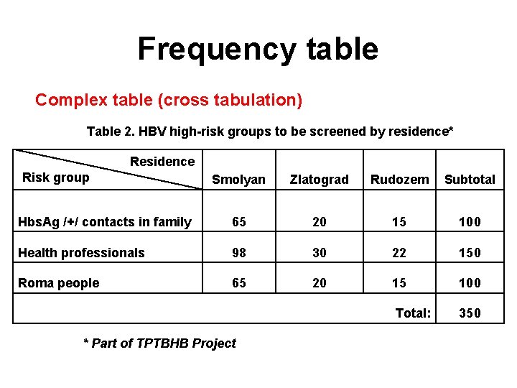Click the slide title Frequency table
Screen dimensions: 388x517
point(257,49)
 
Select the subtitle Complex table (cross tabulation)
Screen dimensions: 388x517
point(169,100)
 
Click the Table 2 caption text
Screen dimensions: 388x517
point(270,131)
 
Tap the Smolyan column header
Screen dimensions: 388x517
point(238,180)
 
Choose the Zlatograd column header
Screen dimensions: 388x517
point(319,180)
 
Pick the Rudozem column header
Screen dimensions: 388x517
point(399,180)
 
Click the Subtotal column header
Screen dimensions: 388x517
point(470,180)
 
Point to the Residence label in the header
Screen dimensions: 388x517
point(162,162)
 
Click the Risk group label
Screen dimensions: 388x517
point(56,177)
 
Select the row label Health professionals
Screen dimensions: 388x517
point(81,252)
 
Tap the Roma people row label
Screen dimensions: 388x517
point(58,283)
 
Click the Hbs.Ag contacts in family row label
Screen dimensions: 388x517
point(104,222)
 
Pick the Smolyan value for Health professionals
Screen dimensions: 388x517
point(238,253)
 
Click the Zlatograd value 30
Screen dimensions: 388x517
point(319,253)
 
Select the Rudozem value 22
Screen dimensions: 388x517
point(399,253)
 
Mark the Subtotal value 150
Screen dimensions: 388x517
point(470,253)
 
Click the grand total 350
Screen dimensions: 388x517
point(470,313)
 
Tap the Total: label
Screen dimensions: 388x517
point(414,313)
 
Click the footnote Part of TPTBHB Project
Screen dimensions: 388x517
point(159,343)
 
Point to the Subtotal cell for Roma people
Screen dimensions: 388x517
point(470,283)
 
